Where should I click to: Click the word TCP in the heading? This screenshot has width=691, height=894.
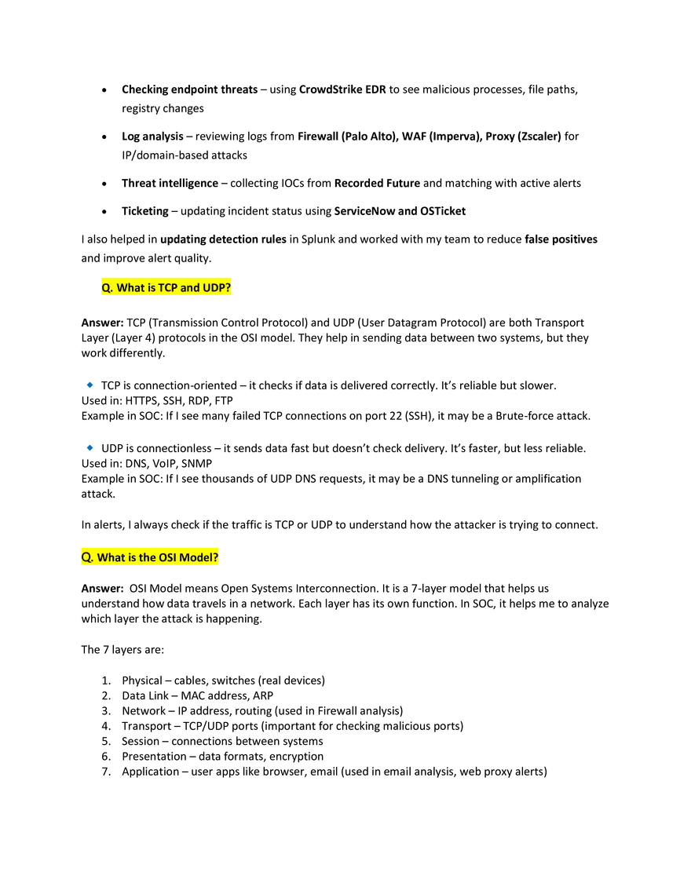click(x=168, y=288)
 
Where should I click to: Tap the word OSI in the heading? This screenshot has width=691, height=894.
click(x=169, y=557)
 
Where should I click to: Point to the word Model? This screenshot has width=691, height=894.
click(x=196, y=557)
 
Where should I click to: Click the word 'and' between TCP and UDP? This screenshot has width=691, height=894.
click(x=190, y=288)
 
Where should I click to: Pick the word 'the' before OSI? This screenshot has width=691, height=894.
click(x=147, y=557)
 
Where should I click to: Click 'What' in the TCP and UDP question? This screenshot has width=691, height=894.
click(x=130, y=288)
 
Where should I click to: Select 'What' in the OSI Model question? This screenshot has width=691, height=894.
click(x=111, y=557)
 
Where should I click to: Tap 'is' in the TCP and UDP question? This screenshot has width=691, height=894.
click(x=152, y=288)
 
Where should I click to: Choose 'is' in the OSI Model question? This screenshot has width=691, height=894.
click(x=132, y=557)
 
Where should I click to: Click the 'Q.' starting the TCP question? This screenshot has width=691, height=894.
click(x=107, y=288)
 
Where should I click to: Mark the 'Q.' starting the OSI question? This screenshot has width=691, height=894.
click(x=87, y=557)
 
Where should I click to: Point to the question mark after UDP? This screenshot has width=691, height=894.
click(x=229, y=288)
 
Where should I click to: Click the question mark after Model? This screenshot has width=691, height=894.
click(x=216, y=557)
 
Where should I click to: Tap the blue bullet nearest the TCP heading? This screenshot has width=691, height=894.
click(x=90, y=385)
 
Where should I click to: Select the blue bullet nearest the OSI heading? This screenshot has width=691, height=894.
click(x=90, y=447)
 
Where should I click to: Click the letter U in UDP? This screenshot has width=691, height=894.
click(x=206, y=288)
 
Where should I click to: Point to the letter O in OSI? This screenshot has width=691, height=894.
click(x=163, y=557)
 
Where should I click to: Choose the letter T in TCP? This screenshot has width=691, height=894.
click(x=161, y=288)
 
